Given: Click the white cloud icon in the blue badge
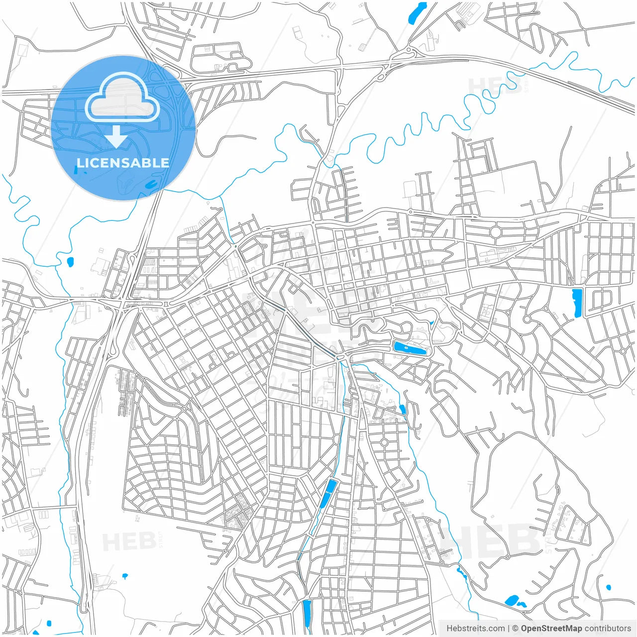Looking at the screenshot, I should pyautogui.click(x=122, y=98).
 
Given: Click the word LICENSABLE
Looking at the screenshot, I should pyautogui.click(x=123, y=163).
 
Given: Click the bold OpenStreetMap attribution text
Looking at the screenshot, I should pyautogui.click(x=551, y=629).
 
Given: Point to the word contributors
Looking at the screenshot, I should pyautogui.click(x=608, y=629).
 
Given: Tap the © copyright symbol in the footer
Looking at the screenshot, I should pyautogui.click(x=516, y=629).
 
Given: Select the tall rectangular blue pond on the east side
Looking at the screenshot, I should pyautogui.click(x=577, y=302).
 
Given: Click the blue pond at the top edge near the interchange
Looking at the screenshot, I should pyautogui.click(x=417, y=12).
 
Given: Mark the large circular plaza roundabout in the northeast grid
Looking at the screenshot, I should pyautogui.click(x=495, y=232).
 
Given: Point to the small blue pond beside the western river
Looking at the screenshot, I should pyautogui.click(x=70, y=261).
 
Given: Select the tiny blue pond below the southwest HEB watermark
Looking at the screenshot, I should pyautogui.click(x=124, y=576).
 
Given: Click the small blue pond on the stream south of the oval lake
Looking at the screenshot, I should pyautogui.click(x=403, y=410).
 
